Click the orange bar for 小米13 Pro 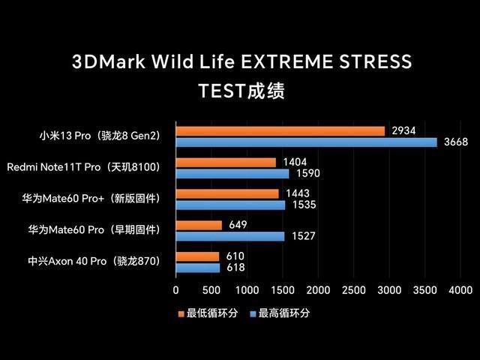click(280, 131)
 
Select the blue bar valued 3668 click(306, 142)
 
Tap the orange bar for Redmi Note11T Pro click(226, 163)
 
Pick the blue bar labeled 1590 click(232, 174)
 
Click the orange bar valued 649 click(199, 225)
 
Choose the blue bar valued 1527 click(230, 236)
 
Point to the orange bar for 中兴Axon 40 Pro click(197, 256)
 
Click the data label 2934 click(403, 130)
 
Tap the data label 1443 click(296, 193)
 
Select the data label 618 click(235, 268)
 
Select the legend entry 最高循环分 click(283, 313)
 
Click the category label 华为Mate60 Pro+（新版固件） click(91, 199)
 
